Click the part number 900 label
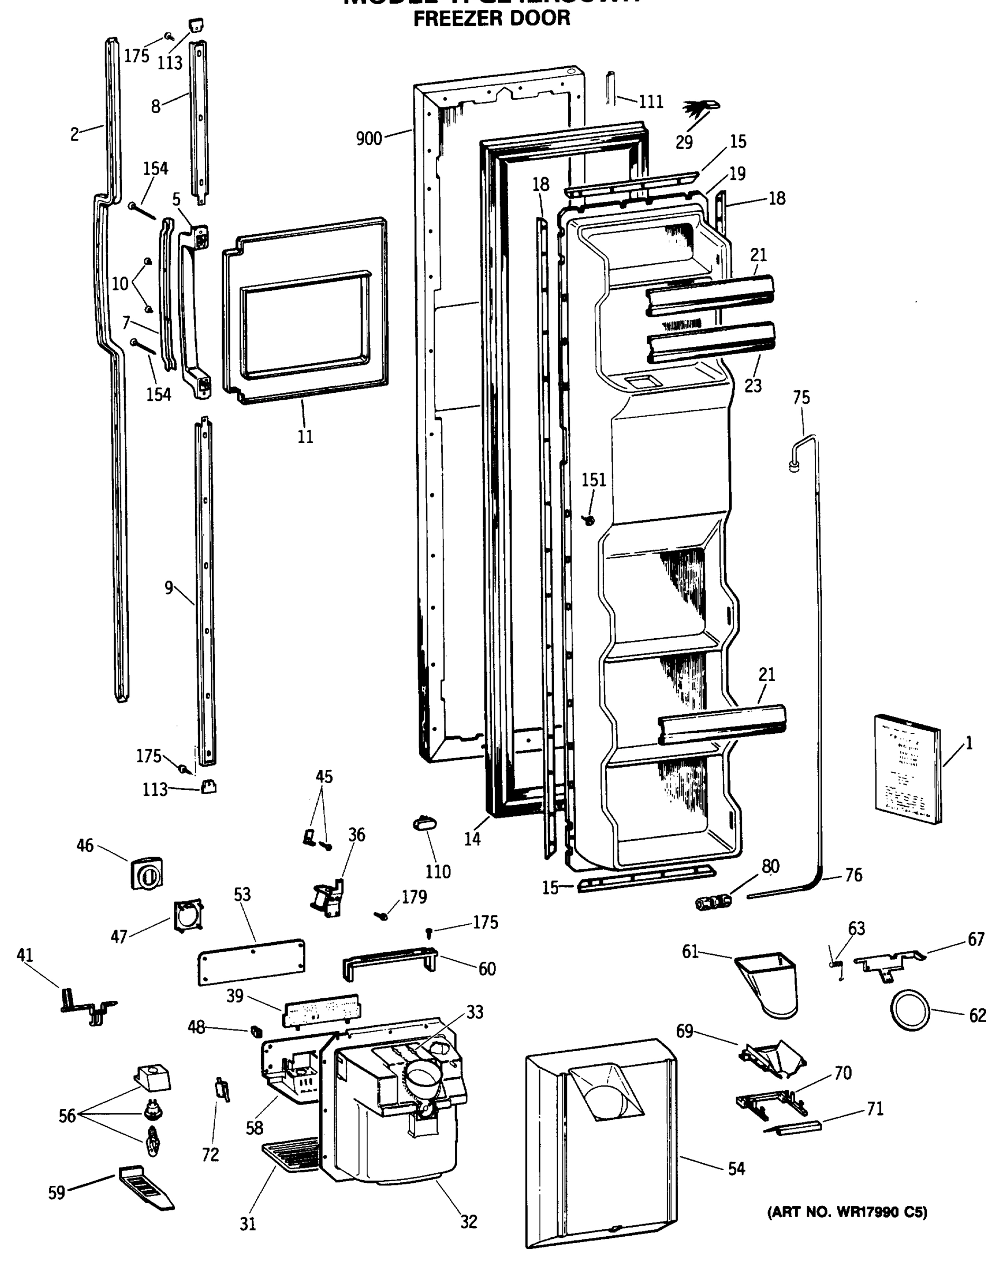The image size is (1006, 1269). (x=369, y=139)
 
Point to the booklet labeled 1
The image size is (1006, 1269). (x=907, y=769)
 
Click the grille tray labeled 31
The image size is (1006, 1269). (x=290, y=1155)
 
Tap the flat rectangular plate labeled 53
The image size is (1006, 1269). (x=251, y=962)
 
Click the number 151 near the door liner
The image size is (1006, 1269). (x=593, y=480)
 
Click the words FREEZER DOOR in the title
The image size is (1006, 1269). (x=491, y=19)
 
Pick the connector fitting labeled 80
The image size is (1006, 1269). (x=713, y=901)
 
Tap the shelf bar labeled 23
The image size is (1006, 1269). (x=710, y=342)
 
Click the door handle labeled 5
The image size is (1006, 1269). (x=193, y=312)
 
